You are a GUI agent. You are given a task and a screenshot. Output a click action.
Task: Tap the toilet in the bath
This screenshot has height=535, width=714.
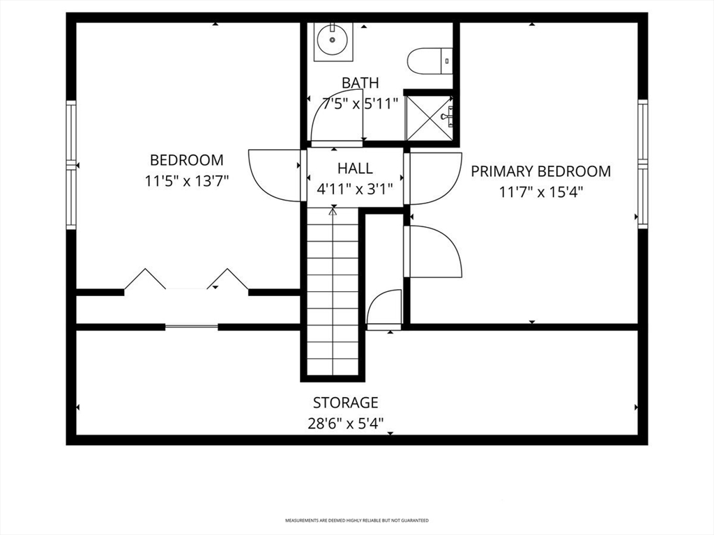tap(430, 61)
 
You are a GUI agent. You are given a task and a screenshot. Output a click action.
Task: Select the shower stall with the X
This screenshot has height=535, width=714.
tap(429, 118)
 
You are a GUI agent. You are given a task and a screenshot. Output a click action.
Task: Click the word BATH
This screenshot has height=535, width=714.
tap(360, 83)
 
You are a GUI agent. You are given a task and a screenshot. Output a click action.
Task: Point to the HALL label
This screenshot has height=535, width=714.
tap(355, 169)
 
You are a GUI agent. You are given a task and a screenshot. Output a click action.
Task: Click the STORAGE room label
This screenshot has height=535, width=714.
tap(346, 403)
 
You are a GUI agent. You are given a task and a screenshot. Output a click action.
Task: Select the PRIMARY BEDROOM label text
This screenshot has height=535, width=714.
tap(540, 171)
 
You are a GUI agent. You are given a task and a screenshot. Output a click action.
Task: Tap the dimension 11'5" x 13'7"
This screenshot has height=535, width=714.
tap(187, 181)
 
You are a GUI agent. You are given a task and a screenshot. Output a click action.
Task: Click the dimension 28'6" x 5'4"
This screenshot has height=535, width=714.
tap(346, 424)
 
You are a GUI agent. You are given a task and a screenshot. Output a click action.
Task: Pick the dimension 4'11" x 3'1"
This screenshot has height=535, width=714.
tap(355, 189)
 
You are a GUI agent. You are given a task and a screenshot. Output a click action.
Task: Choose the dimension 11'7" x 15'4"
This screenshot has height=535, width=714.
tap(541, 192)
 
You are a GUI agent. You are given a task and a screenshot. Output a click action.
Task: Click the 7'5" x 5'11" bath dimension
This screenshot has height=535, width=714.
tap(360, 104)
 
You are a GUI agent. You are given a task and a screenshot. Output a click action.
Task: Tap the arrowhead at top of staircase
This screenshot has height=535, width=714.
tap(333, 210)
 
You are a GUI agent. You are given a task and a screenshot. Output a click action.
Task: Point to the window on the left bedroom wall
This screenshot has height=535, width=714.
tap(71, 164)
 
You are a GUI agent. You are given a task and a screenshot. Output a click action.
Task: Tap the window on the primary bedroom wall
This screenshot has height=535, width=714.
tap(642, 164)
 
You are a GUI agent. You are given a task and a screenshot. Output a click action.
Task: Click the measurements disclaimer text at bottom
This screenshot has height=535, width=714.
tap(357, 520)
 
